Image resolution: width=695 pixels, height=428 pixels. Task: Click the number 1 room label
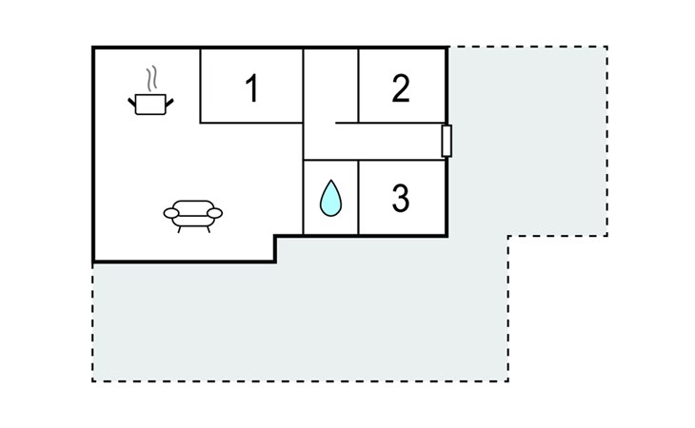(251, 88)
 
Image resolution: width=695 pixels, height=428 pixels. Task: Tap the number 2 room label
(401, 88)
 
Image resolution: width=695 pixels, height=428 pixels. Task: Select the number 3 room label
(401, 199)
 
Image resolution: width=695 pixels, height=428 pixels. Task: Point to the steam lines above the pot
(150, 76)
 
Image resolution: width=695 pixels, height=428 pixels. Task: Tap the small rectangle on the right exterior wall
(447, 140)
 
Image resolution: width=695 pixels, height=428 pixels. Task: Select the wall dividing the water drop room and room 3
(359, 198)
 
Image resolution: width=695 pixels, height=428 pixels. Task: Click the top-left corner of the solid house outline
(93, 48)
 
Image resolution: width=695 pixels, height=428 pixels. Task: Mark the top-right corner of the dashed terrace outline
(606, 47)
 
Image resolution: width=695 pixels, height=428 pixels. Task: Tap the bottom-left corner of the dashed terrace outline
(92, 381)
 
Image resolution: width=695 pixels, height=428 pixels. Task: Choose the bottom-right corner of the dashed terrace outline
(507, 381)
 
